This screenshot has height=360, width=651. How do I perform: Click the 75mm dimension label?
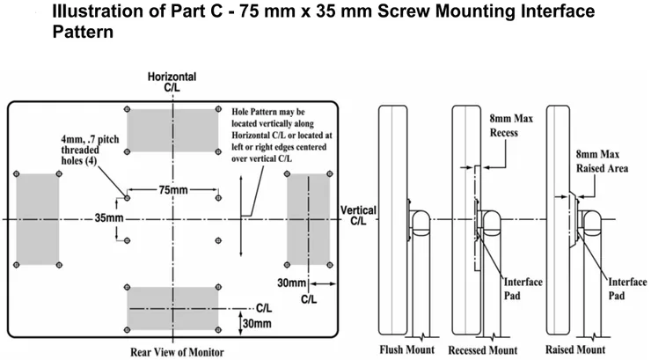coord(173,190)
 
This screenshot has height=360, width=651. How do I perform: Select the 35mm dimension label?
coord(109,217)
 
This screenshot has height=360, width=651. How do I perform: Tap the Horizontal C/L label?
coord(172,82)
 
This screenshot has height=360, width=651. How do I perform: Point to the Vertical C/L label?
coord(358,216)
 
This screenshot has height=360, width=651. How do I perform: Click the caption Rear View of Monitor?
coord(177,352)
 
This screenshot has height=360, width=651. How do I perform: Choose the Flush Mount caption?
coord(406,349)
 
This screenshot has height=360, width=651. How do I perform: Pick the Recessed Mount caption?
coord(483,350)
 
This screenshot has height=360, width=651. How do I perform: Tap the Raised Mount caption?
coord(575,349)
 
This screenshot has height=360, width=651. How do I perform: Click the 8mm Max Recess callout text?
coord(511,125)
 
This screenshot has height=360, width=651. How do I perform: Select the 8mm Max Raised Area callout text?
coord(602,161)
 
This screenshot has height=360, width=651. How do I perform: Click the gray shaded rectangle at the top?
coord(172,130)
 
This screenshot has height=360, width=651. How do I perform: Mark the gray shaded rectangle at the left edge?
coord(38,219)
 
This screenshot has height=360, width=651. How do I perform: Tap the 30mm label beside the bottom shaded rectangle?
coord(257,323)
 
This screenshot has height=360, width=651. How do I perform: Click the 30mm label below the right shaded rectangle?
coord(291,283)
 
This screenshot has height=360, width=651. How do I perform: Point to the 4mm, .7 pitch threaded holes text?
coord(90,150)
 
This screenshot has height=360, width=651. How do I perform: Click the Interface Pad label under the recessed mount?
coord(523,289)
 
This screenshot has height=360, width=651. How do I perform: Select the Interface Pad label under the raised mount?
coord(627,289)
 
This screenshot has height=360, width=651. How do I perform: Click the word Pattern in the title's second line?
coord(83,32)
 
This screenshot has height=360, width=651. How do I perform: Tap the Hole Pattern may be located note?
coord(282,136)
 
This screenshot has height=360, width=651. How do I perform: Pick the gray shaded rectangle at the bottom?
coord(172,308)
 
